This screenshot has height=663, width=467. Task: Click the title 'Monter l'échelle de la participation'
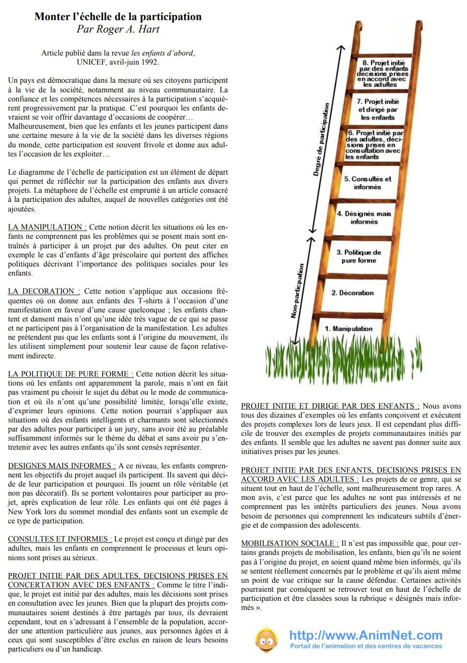(x=118, y=17)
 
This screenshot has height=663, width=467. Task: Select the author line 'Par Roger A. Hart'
(x=118, y=29)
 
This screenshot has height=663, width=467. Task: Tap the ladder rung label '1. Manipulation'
(x=348, y=329)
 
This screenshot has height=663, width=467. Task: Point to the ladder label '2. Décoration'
(x=352, y=293)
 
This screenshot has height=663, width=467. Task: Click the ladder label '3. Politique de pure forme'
(x=358, y=256)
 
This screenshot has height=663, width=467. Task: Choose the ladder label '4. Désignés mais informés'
(x=364, y=218)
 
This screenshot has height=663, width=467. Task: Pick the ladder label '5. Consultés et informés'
(x=367, y=183)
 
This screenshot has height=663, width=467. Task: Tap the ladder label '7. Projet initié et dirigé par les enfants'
(x=378, y=109)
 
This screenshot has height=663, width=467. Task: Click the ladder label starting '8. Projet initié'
(x=383, y=73)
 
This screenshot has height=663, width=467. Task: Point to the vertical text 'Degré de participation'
(x=321, y=139)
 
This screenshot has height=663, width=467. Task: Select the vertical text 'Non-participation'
(x=297, y=290)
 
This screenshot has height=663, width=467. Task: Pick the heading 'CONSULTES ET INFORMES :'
(x=60, y=539)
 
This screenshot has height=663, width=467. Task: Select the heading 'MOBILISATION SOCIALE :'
(x=290, y=543)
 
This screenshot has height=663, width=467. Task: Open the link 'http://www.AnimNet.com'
(x=366, y=635)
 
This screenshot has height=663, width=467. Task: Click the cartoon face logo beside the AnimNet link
(x=266, y=640)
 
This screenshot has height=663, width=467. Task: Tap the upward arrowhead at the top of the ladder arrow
(x=341, y=47)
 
